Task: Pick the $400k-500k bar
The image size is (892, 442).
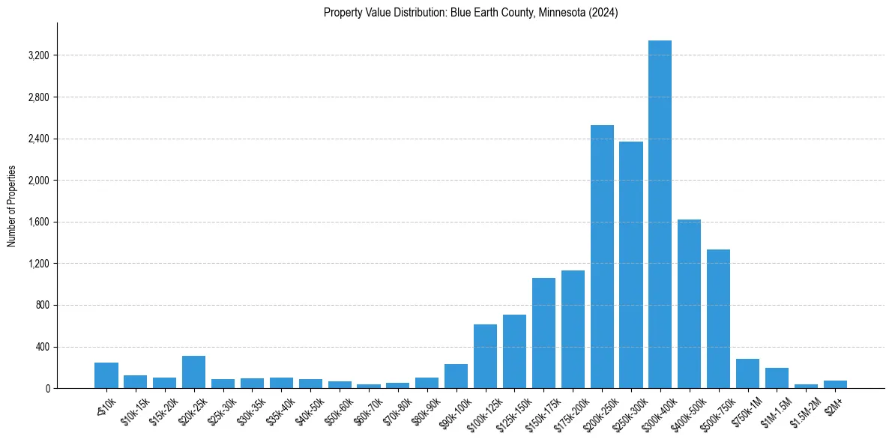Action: point(689,303)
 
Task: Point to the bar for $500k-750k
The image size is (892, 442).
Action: point(718,318)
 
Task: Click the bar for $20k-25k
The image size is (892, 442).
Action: point(193,372)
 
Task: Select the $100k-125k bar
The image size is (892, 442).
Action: point(485,356)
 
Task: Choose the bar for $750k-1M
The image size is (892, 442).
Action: point(747,373)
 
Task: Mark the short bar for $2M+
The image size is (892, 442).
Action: point(835,384)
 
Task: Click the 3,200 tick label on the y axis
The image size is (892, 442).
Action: point(37,55)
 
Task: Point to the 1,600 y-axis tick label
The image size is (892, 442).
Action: point(37,222)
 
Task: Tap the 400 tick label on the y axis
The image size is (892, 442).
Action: point(41,347)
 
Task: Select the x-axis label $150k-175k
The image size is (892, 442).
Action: point(541,409)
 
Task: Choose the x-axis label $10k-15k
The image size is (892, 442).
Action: point(134,408)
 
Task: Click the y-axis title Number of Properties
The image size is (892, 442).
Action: point(12,205)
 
